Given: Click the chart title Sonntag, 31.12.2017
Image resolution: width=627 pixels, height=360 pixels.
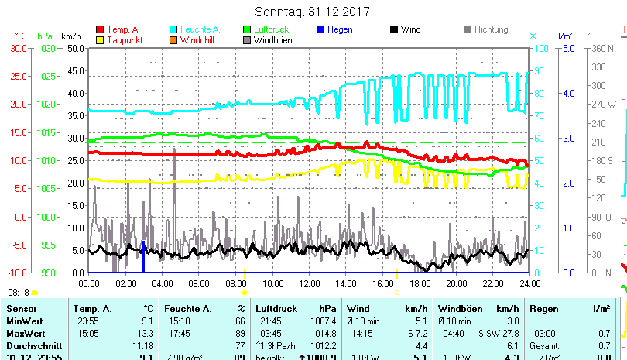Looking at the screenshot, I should point(313,12).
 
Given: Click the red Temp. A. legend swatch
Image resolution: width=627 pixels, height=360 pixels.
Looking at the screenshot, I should point(99,29).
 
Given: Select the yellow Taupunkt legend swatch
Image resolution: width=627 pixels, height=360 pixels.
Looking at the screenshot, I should point(99,40).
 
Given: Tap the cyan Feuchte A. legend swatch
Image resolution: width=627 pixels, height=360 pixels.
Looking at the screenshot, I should point(173,29).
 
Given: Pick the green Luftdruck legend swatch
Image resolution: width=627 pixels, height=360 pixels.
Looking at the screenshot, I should point(248,29).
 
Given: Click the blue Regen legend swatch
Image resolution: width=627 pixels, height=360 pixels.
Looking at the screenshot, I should point(321,29).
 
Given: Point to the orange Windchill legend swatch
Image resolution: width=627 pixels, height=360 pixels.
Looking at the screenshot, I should point(173,40).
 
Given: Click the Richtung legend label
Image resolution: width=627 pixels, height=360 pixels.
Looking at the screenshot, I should point(491,29).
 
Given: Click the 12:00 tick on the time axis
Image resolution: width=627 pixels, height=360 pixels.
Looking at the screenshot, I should point(309,283).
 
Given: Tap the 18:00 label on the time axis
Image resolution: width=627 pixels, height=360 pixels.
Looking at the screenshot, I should point(419,283).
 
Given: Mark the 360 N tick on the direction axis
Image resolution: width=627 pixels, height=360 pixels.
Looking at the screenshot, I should point(602,48).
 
